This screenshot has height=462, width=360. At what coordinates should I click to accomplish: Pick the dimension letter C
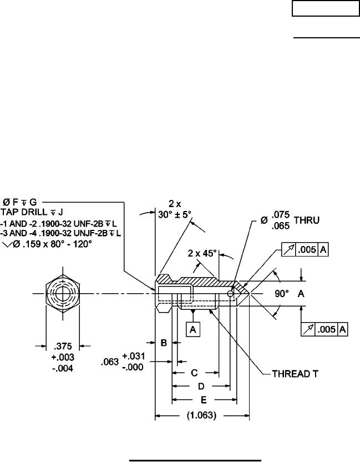click(195, 371)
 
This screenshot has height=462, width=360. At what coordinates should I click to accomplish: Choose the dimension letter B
click(164, 344)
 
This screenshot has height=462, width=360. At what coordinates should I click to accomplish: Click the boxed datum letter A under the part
click(192, 329)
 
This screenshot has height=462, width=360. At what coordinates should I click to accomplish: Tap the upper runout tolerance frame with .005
click(306, 250)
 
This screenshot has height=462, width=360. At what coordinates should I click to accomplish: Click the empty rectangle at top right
click(326, 9)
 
